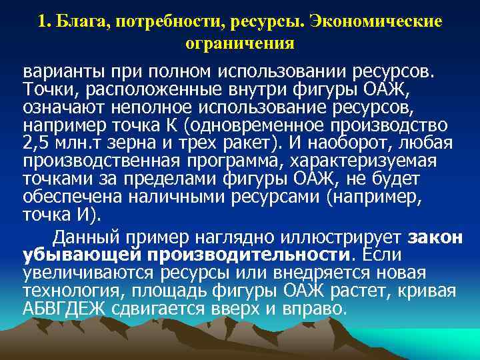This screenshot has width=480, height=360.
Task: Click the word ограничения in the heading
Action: click(x=240, y=43)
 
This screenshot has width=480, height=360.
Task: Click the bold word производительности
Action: click(x=249, y=255)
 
